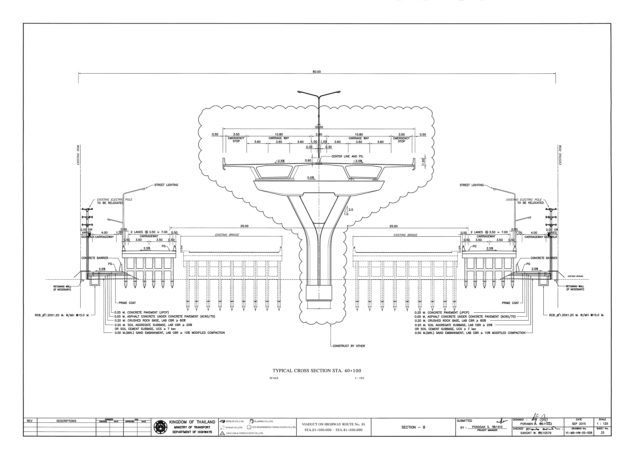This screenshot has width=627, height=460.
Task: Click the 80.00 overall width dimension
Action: point(317,72)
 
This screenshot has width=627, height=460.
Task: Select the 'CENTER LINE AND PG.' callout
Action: point(347,157)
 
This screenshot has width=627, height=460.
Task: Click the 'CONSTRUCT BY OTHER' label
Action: point(349,346)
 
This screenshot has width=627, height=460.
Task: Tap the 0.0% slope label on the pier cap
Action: point(311,178)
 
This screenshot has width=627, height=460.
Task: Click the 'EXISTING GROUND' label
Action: point(575,276)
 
